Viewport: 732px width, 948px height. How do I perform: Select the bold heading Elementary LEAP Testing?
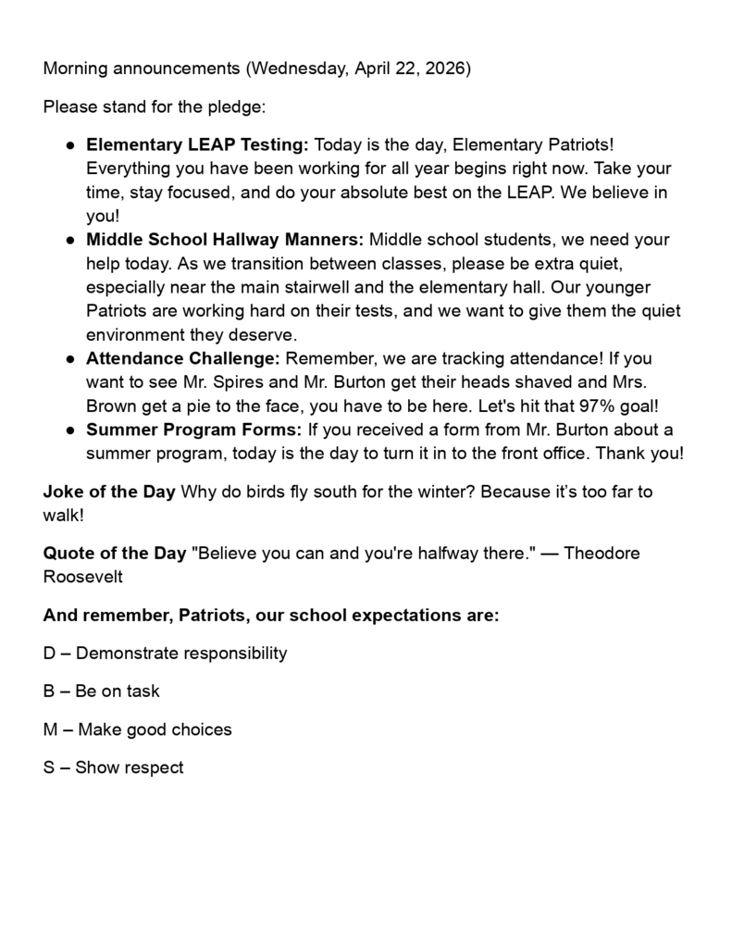tap(198, 145)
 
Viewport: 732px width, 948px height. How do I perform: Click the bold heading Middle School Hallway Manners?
tap(225, 240)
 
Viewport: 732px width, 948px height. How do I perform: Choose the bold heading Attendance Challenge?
tap(182, 358)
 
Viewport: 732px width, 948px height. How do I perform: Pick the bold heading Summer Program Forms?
tap(193, 430)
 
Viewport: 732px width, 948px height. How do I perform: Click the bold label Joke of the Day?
tap(109, 492)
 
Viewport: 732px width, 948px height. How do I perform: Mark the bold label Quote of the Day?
tap(115, 554)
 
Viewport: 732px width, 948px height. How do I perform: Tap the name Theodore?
tap(602, 554)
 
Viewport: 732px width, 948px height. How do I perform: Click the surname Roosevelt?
tap(82, 577)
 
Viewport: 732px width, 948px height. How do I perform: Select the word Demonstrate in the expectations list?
tap(127, 654)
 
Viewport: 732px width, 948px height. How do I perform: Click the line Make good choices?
tap(137, 730)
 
